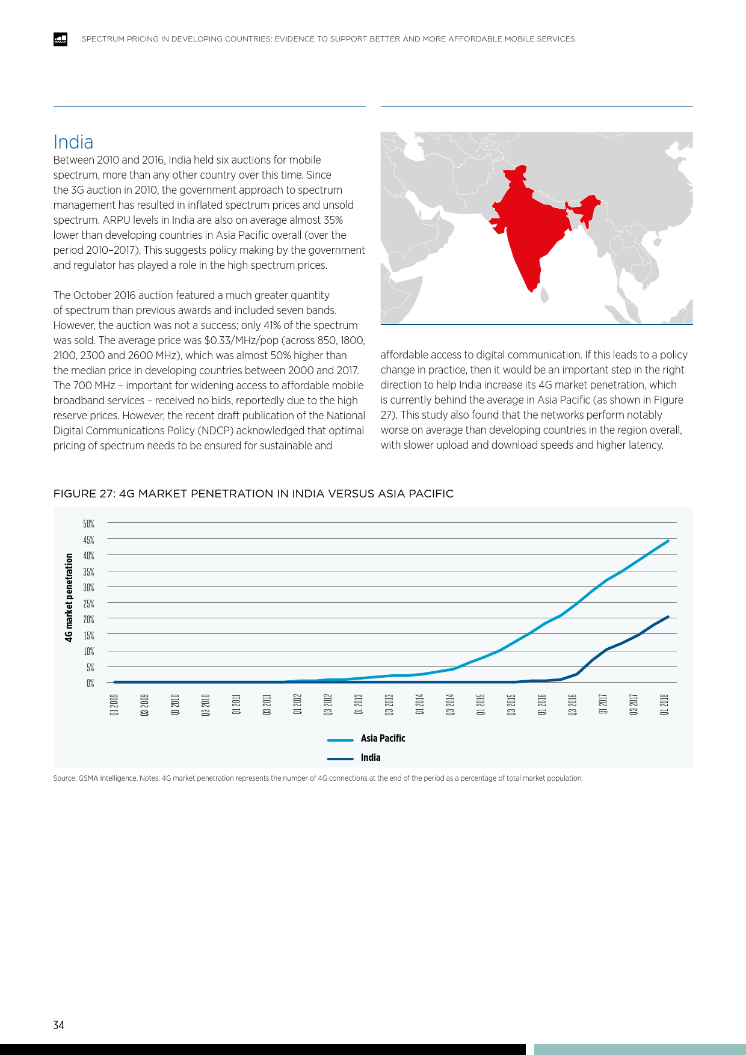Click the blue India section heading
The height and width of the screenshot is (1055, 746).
[73, 142]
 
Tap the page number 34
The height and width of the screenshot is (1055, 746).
[58, 1025]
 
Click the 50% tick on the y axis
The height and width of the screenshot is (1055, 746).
[88, 524]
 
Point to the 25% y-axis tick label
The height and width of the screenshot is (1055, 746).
[88, 603]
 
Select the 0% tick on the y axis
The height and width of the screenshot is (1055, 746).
[90, 683]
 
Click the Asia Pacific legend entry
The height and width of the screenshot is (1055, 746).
[383, 738]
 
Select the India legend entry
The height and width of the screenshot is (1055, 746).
[370, 757]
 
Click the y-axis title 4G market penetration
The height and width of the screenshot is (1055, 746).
[69, 597]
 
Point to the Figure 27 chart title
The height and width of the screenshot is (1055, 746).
[253, 494]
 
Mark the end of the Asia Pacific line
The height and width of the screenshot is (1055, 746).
[668, 541]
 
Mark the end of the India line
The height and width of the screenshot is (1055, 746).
[668, 617]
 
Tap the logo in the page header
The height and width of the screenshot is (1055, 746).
[60, 39]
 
